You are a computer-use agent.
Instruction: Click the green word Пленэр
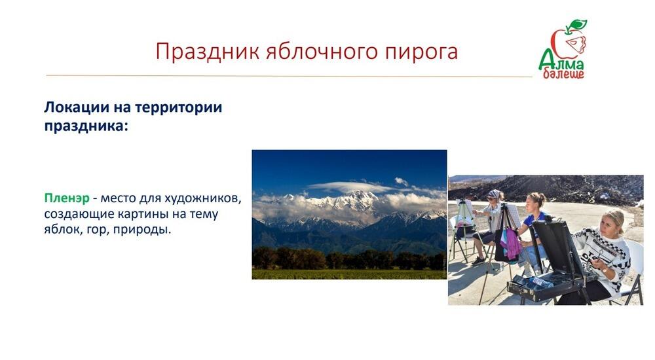pyautogui.click(x=66, y=198)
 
